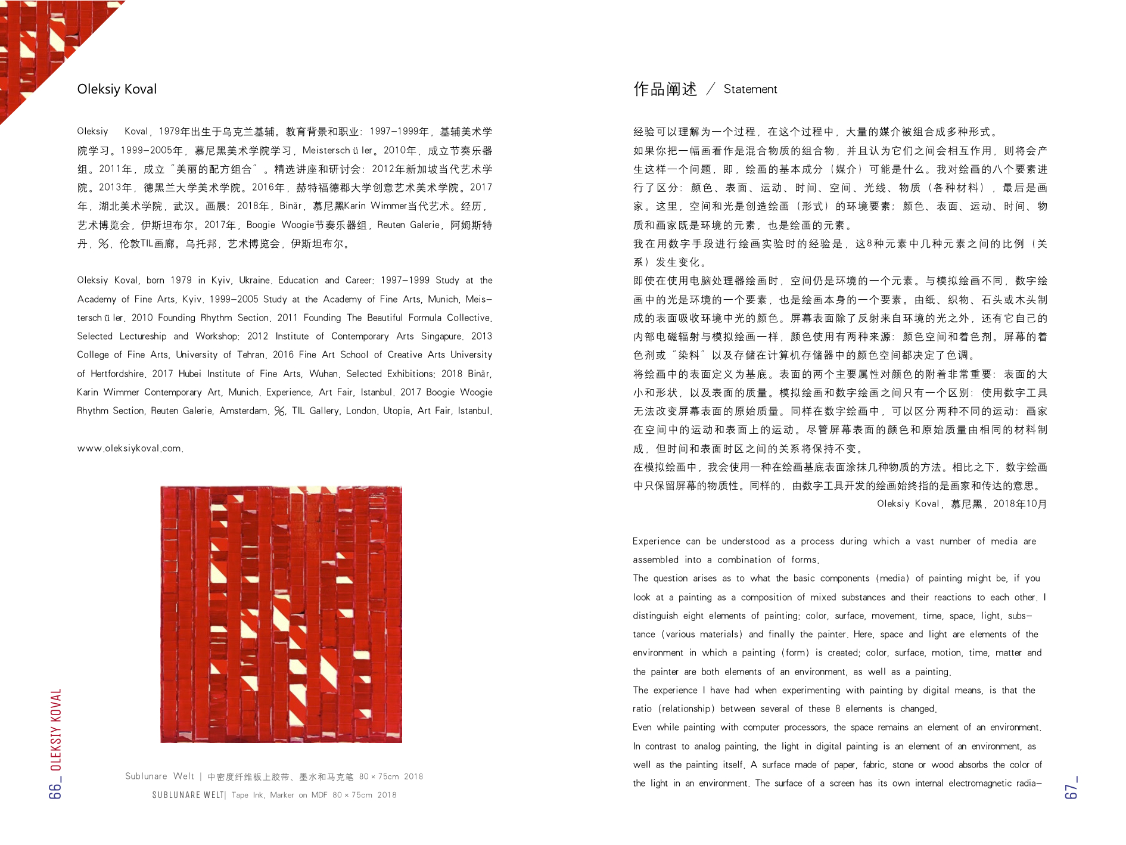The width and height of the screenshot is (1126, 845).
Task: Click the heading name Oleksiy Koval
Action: [117, 89]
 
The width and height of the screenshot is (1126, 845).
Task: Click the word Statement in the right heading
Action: [750, 89]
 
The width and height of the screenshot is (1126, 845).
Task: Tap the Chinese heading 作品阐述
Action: [665, 89]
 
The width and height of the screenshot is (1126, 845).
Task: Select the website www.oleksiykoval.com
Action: [130, 448]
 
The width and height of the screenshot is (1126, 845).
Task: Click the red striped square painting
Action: [281, 614]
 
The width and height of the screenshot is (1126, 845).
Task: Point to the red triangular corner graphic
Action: [36, 42]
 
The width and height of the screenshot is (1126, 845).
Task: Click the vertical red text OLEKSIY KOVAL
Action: [55, 729]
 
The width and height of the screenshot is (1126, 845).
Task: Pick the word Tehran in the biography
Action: [250, 355]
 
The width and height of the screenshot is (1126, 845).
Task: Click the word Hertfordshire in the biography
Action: [118, 374]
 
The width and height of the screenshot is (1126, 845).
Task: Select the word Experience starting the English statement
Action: [656, 541]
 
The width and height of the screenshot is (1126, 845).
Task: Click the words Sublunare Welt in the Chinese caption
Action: [159, 776]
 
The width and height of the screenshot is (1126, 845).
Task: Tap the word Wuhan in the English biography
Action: [325, 374]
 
